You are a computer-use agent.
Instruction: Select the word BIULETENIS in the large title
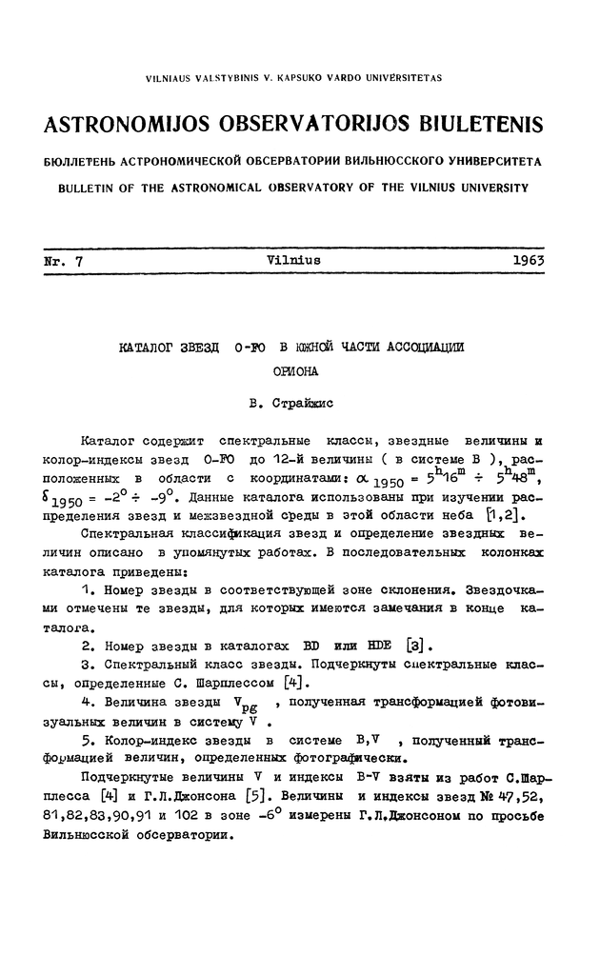pyautogui.click(x=473, y=126)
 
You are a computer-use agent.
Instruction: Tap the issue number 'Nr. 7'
pyautogui.click(x=64, y=259)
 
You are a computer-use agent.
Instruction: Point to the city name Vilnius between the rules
pyautogui.click(x=294, y=259)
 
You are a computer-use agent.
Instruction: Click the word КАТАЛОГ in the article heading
pyautogui.click(x=145, y=348)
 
